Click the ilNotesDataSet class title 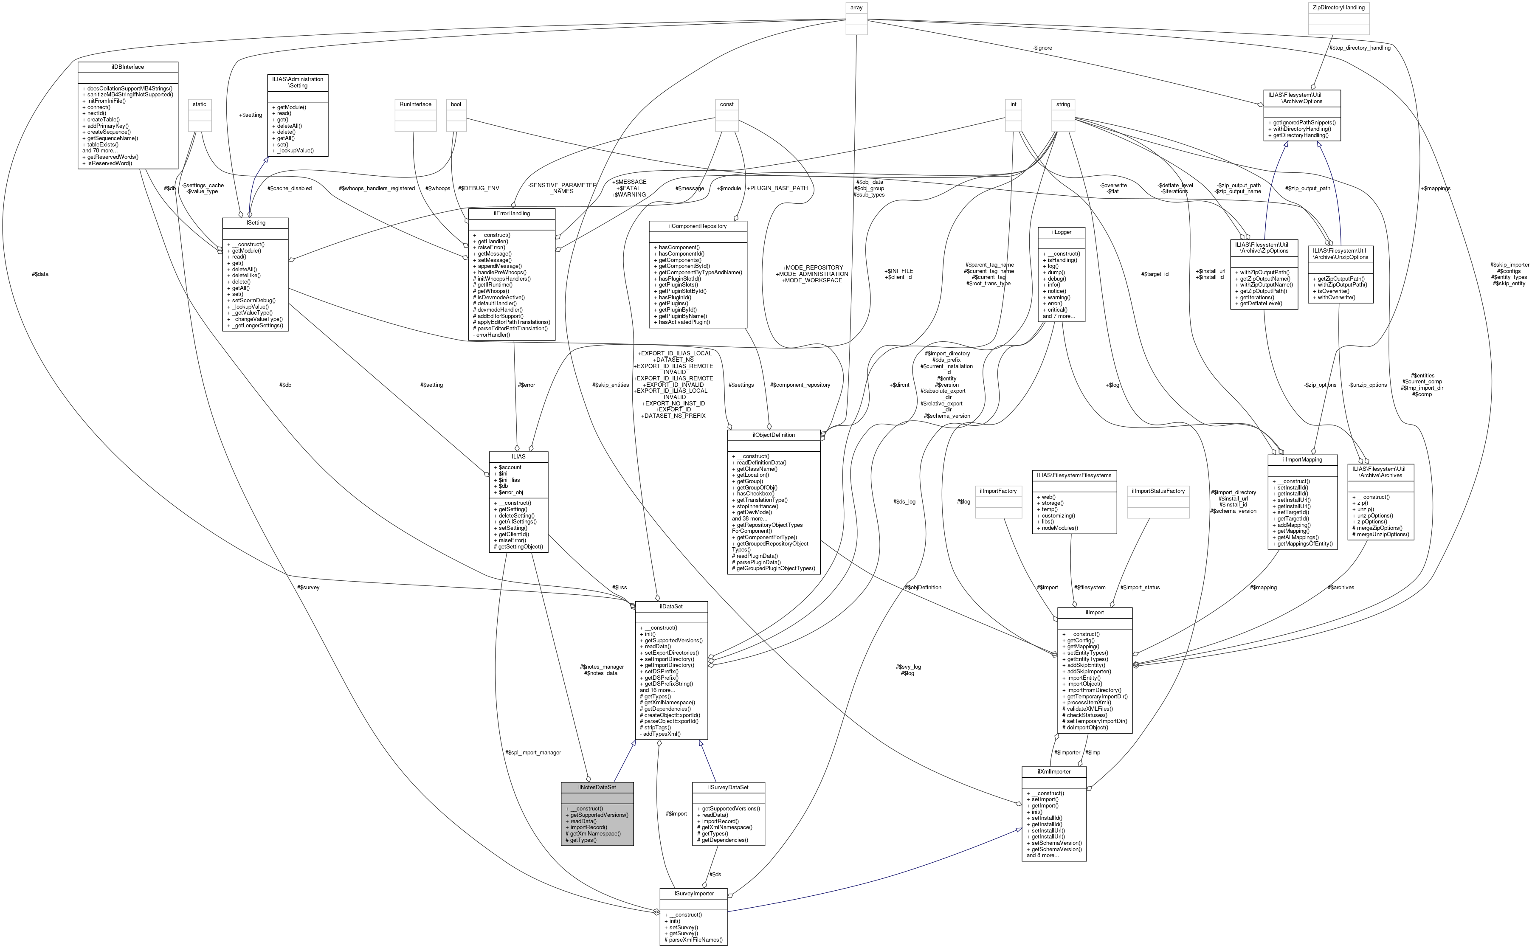tap(597, 787)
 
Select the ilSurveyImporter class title tap(693, 893)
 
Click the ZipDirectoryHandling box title tap(1339, 8)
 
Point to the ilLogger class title tap(1062, 232)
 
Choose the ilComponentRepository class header tap(697, 226)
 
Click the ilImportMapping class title tap(1302, 460)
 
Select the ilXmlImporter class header tap(1053, 771)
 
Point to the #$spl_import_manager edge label tap(532, 752)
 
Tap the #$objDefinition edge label tap(922, 588)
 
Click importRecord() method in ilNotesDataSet tap(588, 827)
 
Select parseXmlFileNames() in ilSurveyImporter tap(693, 940)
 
